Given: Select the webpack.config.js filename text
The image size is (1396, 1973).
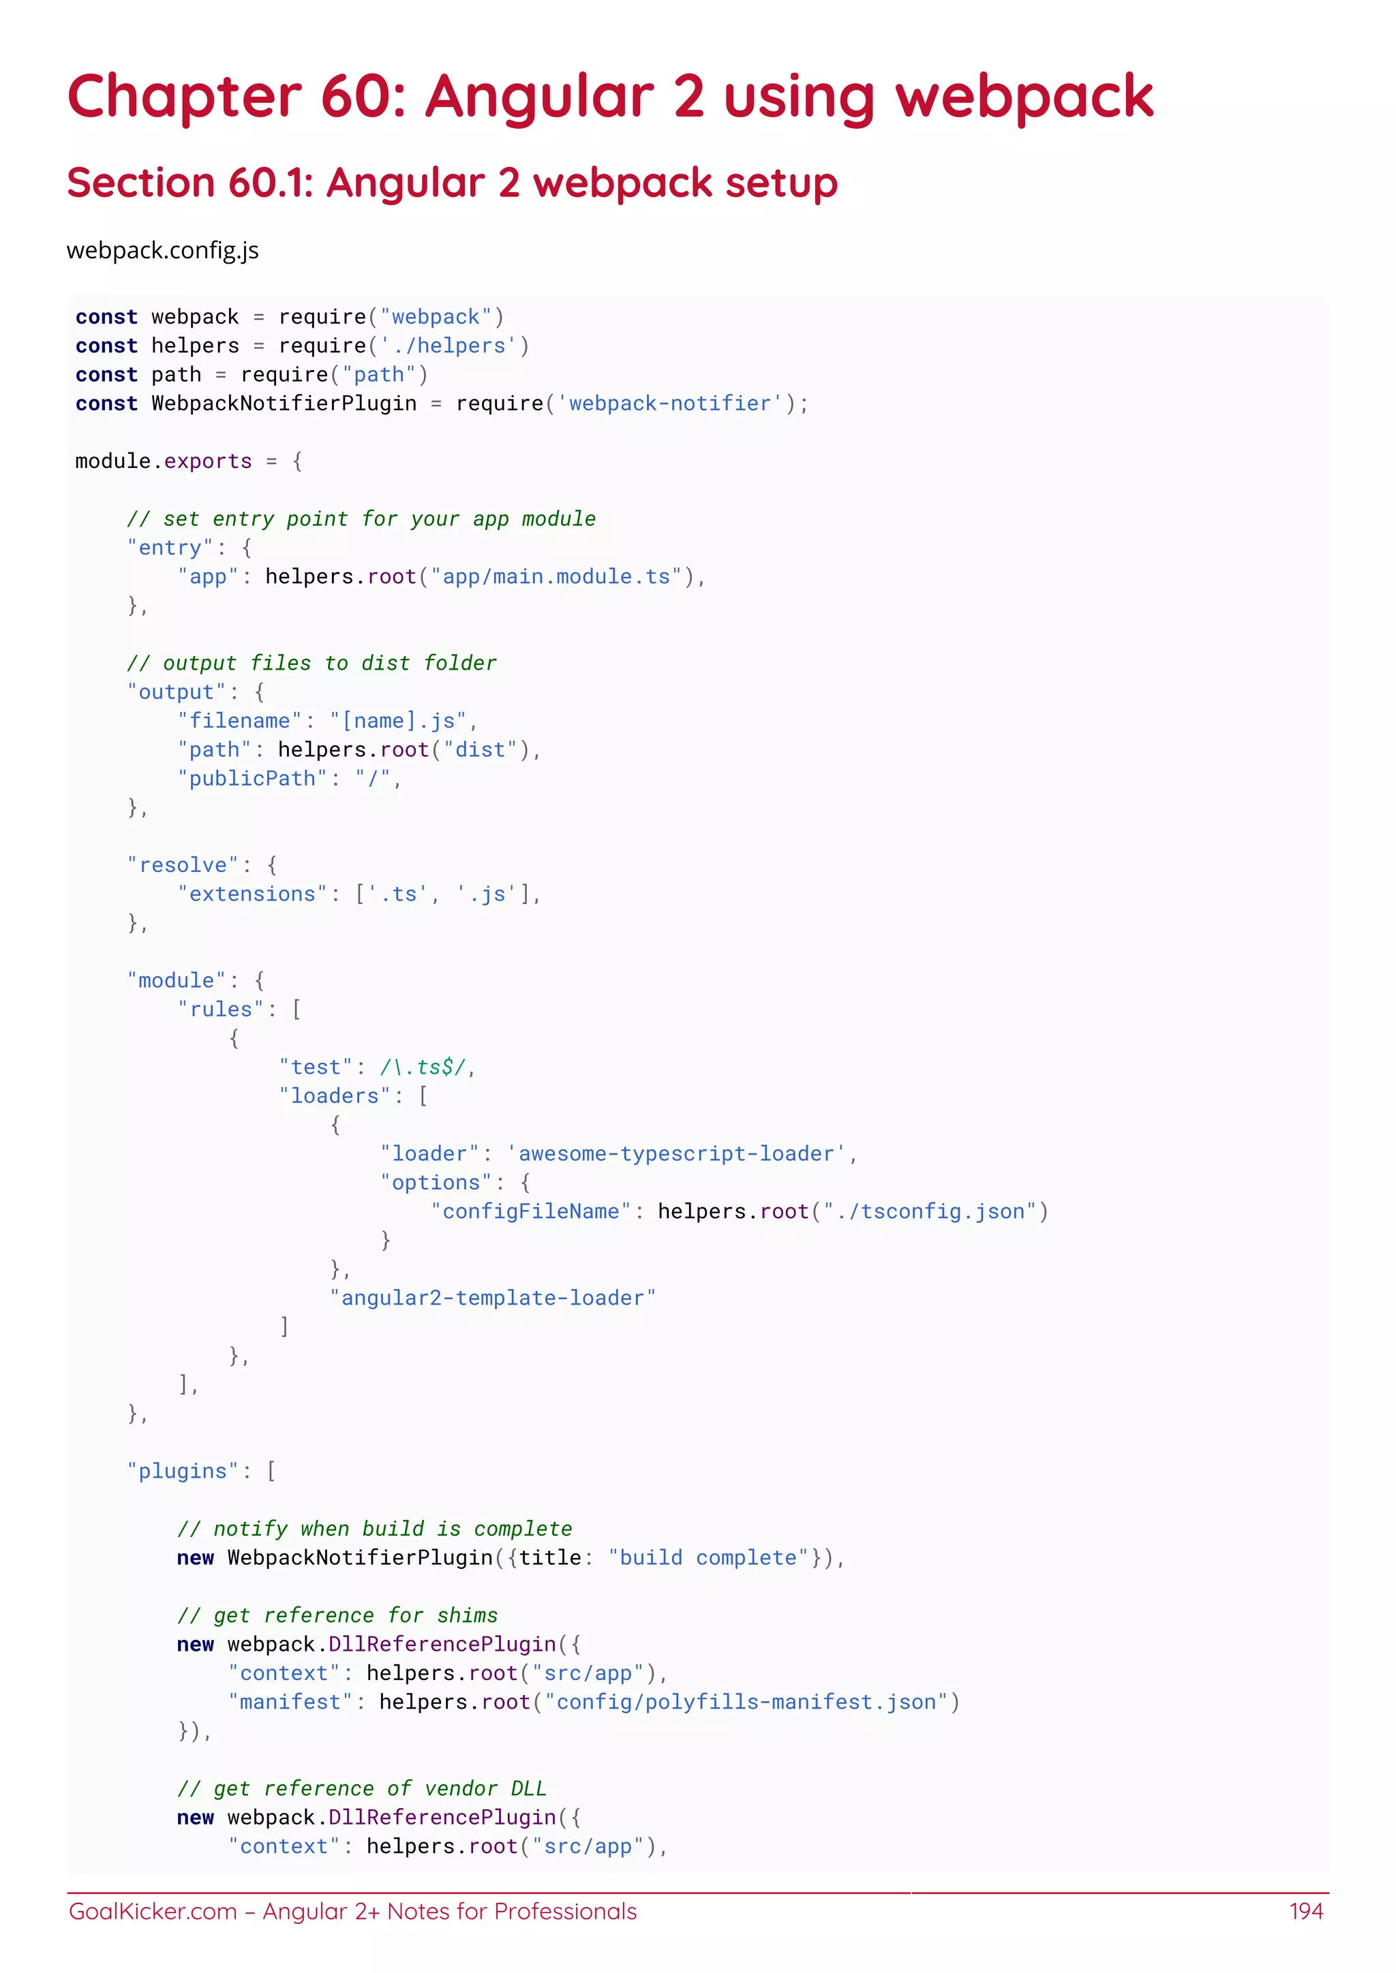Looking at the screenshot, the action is (x=162, y=251).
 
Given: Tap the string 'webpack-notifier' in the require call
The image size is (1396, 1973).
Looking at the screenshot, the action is (x=669, y=404).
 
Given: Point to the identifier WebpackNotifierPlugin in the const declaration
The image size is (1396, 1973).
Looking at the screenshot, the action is (x=284, y=404).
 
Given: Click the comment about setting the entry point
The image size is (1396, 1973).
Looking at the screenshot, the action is (x=361, y=519).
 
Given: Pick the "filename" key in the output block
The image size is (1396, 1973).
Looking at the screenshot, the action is (x=240, y=721).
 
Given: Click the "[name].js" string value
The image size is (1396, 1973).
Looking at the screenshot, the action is (x=398, y=721).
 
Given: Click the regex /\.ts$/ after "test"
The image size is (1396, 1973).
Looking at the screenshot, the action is (x=423, y=1068).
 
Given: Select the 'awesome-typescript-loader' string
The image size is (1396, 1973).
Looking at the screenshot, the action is (x=676, y=1154).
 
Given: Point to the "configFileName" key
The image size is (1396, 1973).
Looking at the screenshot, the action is (x=531, y=1211).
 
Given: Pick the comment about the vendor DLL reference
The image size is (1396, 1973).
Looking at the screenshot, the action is (x=361, y=1789).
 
